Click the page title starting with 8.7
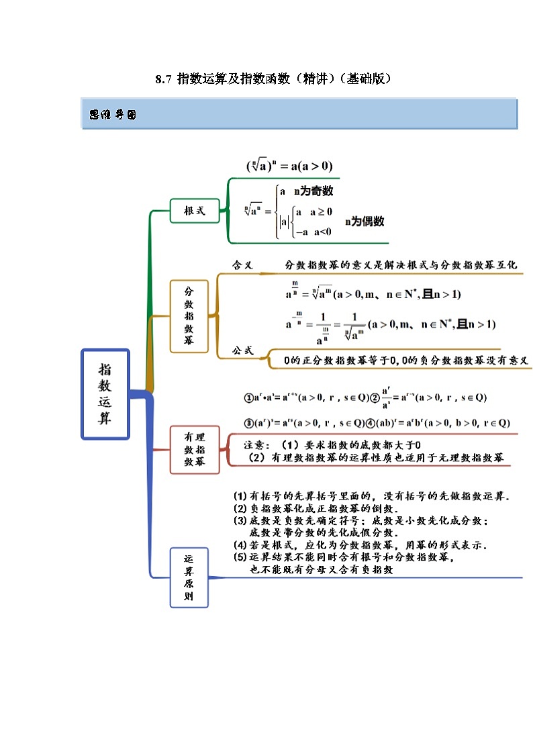pyautogui.click(x=273, y=79)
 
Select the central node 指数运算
pyautogui.click(x=105, y=393)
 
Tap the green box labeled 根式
pyautogui.click(x=195, y=211)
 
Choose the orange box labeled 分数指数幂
pyautogui.click(x=189, y=316)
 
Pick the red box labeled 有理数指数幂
pyautogui.click(x=195, y=449)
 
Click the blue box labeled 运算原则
pyautogui.click(x=189, y=578)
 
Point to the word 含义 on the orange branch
pyautogui.click(x=242, y=265)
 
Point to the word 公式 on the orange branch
pyautogui.click(x=242, y=350)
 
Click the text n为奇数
pyautogui.click(x=313, y=191)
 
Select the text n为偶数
pyautogui.click(x=365, y=221)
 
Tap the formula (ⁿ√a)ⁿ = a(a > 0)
pyautogui.click(x=289, y=166)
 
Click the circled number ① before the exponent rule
pyautogui.click(x=248, y=397)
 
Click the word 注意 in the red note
pyautogui.click(x=256, y=445)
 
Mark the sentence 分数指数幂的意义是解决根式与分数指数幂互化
pyautogui.click(x=401, y=265)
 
